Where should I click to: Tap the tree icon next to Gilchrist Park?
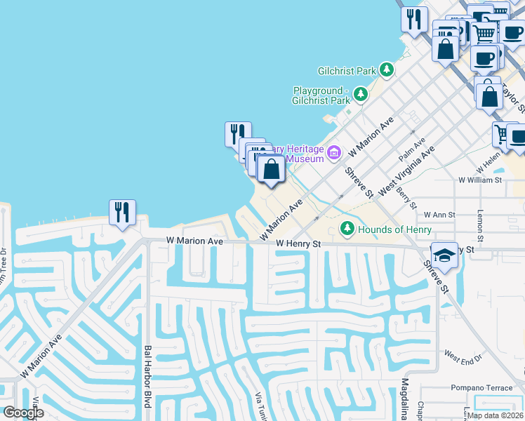pos(386,69)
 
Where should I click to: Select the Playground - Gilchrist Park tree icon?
pos(361,93)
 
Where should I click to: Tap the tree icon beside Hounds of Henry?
pos(347,229)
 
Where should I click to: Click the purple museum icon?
pos(334,152)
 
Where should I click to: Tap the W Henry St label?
pos(298,244)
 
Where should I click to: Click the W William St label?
pos(480,180)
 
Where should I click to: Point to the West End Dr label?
pos(463,357)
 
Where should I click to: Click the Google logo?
pos(23,413)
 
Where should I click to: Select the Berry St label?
pos(406,198)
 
